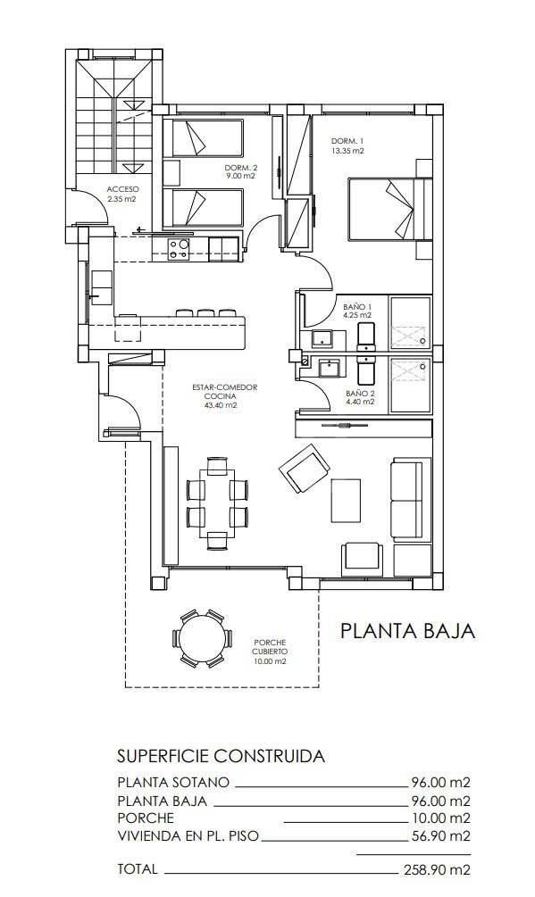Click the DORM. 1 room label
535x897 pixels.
[347, 141]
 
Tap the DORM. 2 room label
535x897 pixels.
[241, 168]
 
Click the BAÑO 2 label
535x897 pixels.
[360, 394]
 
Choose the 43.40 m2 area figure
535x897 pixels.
[224, 405]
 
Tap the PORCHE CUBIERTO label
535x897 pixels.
[268, 647]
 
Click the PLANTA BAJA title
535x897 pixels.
[408, 630]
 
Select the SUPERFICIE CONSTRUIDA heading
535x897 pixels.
[221, 756]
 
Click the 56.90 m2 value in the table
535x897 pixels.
[441, 835]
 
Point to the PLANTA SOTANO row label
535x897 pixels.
[173, 782]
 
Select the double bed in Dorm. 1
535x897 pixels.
[389, 210]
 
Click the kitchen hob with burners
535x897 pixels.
[180, 250]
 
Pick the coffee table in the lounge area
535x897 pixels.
[346, 501]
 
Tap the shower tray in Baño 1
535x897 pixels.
[410, 322]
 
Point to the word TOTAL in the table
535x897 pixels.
[138, 869]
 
